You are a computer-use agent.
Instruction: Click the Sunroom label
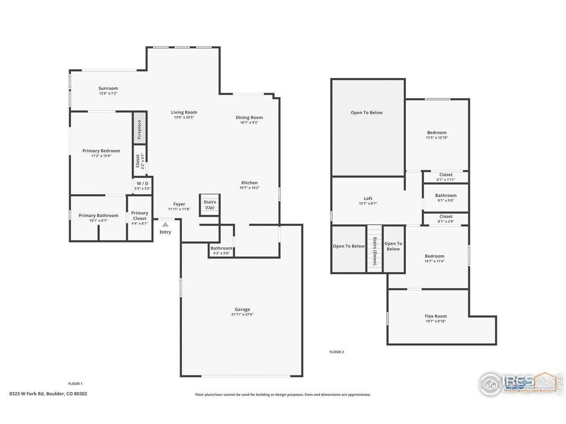(108, 88)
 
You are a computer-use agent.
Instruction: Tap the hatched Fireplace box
(140, 128)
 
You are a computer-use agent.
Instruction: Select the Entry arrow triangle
(165, 224)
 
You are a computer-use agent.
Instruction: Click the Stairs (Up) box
(210, 205)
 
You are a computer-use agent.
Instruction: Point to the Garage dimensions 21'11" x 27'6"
(242, 314)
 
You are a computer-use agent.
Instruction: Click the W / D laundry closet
(142, 185)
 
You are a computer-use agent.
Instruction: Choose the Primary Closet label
(140, 216)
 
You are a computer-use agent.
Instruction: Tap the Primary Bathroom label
(98, 216)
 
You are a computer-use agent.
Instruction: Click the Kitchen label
(249, 183)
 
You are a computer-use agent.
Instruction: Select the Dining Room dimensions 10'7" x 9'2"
(249, 123)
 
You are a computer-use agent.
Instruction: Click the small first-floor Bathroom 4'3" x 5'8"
(221, 250)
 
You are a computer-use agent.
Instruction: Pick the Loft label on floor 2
(368, 199)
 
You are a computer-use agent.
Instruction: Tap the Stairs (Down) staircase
(375, 249)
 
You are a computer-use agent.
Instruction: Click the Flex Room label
(436, 316)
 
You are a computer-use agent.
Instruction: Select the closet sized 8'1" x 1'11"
(446, 177)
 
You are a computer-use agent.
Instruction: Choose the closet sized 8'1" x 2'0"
(446, 219)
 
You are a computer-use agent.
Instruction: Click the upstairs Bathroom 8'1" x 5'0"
(446, 197)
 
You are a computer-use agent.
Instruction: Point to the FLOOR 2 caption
(337, 352)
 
